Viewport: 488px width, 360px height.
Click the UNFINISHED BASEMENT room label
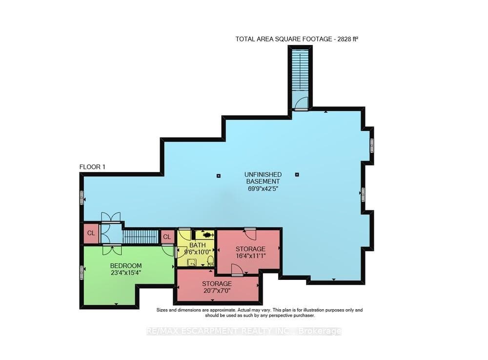coord(263,178)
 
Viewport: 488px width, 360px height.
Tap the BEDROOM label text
coord(126,266)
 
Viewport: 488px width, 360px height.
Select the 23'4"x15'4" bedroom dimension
coord(126,273)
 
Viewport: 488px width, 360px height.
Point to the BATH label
coord(197,245)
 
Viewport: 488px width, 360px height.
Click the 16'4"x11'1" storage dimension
coord(250,255)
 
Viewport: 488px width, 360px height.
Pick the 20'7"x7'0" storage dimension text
coord(217,291)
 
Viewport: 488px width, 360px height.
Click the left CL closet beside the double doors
coord(91,233)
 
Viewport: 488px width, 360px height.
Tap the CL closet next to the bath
coord(167,237)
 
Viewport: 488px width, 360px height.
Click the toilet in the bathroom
coord(210,260)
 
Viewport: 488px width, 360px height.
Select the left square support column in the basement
coord(219,176)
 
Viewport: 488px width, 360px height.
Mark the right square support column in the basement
coord(297,174)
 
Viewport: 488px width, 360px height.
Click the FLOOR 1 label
coord(92,167)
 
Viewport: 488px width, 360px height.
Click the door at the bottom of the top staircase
coord(301,104)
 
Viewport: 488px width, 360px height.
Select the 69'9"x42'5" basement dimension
coord(263,189)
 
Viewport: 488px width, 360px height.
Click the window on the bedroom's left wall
coord(82,273)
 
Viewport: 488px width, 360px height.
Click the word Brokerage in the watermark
coord(320,331)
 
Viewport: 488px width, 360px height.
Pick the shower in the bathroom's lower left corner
coord(192,262)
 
